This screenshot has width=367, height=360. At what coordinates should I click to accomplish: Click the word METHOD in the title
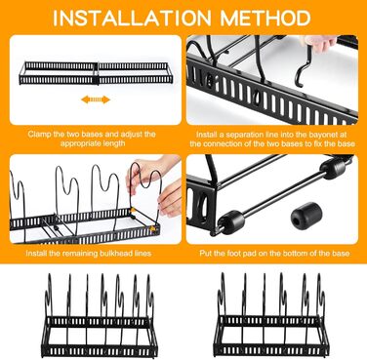265,18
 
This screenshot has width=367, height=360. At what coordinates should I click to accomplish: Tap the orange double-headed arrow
96,100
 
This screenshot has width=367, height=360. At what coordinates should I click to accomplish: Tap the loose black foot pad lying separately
306,215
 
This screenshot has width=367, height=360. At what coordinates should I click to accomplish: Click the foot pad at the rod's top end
332,168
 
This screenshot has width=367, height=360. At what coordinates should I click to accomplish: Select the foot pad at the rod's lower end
231,220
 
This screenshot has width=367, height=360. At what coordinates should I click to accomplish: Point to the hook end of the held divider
300,81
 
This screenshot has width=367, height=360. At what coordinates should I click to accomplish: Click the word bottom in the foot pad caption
306,253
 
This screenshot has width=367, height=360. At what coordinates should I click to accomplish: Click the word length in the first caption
115,143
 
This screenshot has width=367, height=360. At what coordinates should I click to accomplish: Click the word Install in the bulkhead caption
36,253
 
